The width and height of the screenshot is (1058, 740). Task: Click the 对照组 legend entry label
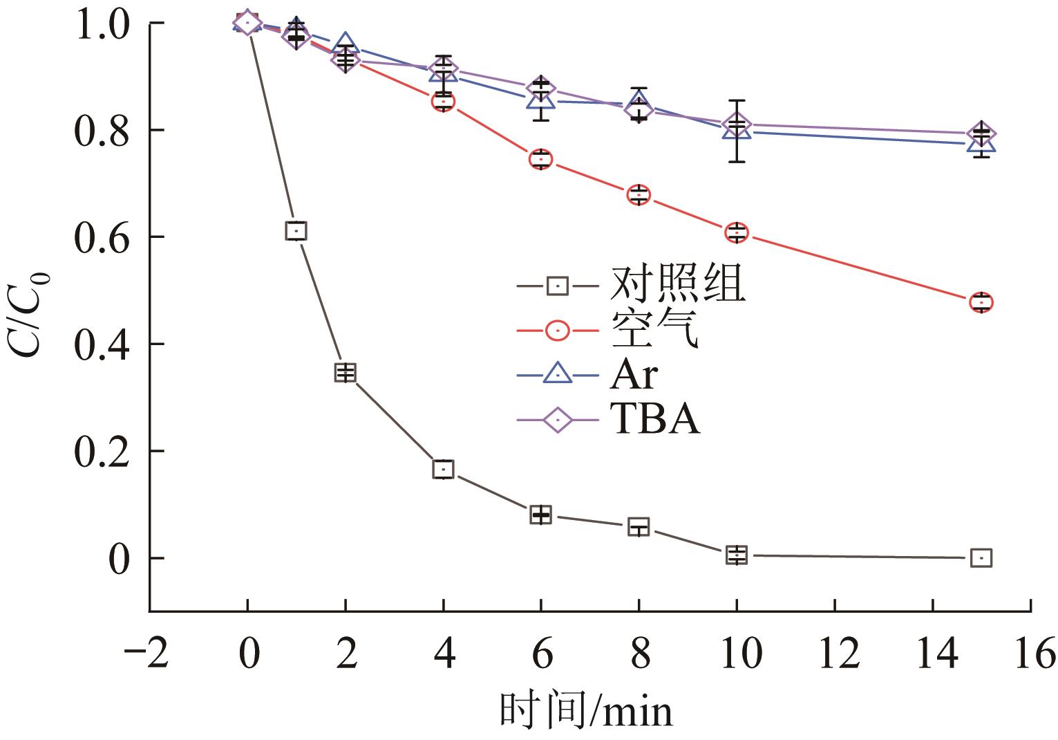(677, 284)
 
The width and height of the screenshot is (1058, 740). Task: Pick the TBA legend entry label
(654, 419)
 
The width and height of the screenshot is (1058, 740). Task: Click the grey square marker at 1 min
(296, 230)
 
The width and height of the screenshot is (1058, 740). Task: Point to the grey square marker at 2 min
(345, 373)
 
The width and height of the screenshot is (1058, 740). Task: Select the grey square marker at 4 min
(443, 469)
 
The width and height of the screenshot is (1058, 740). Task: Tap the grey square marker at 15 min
(981, 557)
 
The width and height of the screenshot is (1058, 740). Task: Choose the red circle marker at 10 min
(737, 232)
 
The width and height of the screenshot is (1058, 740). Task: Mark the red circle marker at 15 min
(981, 302)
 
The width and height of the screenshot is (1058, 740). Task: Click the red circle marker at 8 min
(639, 194)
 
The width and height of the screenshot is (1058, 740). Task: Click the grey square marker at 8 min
(639, 527)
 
